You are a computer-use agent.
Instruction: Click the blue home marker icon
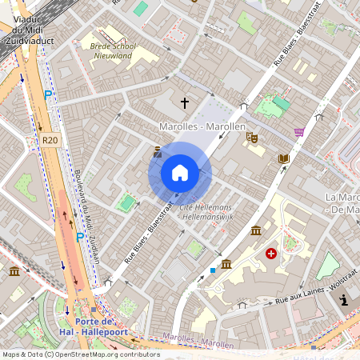coord(180,173)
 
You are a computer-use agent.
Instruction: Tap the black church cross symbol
coord(185,103)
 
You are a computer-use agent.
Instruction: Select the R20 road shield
coord(50,140)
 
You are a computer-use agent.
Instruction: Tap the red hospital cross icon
coord(271,254)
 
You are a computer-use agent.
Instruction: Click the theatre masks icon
coord(251,138)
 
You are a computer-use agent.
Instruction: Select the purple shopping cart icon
coord(299,132)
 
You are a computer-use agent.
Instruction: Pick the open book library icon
coord(282,158)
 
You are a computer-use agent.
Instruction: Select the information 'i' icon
coord(344,300)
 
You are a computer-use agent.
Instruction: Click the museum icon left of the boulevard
coord(15,272)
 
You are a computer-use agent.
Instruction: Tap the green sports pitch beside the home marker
coord(126,203)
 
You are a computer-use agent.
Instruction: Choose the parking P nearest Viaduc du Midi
coord(48,96)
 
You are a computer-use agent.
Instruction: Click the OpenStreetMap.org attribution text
coord(108,354)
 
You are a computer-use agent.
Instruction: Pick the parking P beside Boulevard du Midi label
coord(79,237)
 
